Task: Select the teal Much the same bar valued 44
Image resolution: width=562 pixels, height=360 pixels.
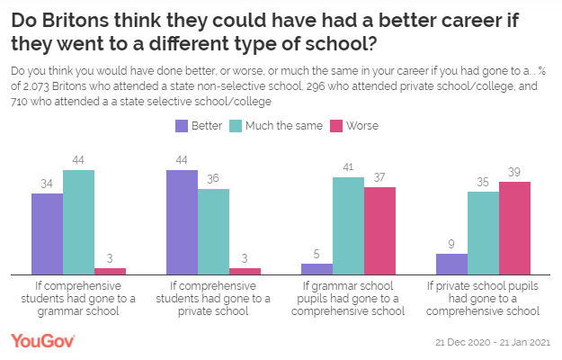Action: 78,221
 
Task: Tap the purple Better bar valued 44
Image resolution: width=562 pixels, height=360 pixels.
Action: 182,221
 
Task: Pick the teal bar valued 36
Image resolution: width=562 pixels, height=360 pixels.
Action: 213,231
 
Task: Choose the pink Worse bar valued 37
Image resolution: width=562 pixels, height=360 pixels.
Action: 379,230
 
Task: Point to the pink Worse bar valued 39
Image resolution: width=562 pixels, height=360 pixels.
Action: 514,228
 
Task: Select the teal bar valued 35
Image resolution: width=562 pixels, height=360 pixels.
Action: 483,232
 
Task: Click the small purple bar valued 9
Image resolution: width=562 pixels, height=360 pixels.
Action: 451,264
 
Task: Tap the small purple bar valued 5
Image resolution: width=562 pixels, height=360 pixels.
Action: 317,268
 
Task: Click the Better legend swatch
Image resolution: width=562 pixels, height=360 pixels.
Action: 182,126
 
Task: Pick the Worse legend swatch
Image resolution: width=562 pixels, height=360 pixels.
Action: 338,126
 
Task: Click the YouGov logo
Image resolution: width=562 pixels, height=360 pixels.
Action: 42,341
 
